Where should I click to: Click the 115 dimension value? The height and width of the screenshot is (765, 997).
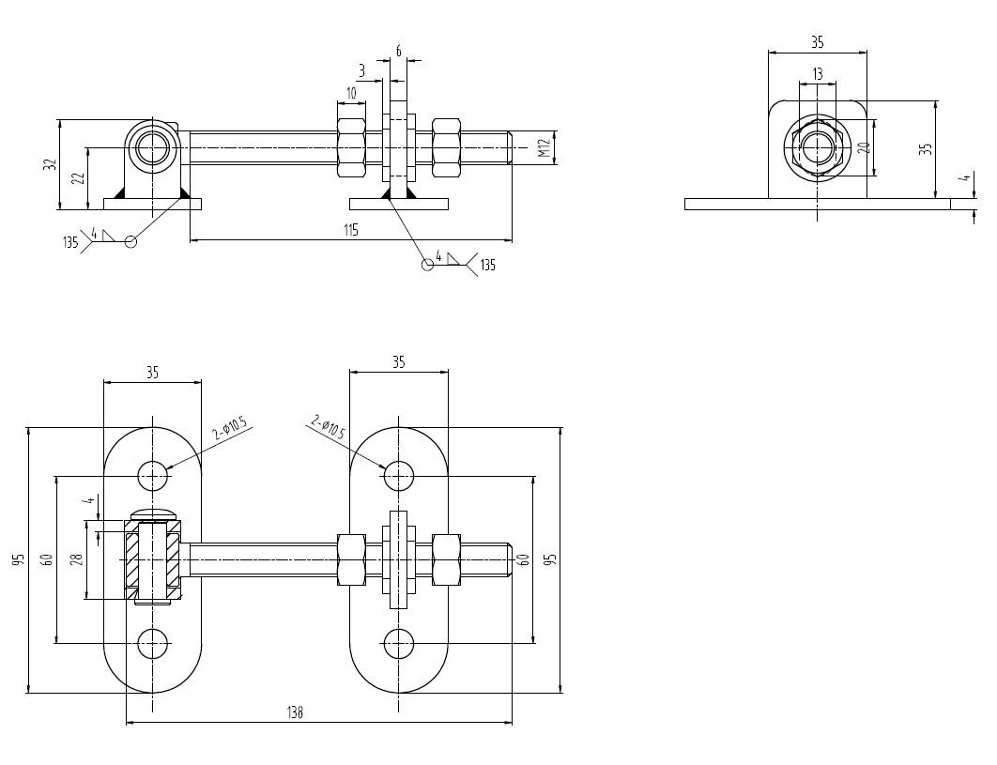(x=350, y=229)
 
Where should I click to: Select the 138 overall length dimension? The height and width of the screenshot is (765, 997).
(x=295, y=713)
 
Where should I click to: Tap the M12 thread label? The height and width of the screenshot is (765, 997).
(x=544, y=148)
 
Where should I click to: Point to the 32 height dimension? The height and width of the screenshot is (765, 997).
(x=50, y=164)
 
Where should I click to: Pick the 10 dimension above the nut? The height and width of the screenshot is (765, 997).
(x=351, y=93)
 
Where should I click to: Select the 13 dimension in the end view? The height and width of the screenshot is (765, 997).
(x=817, y=73)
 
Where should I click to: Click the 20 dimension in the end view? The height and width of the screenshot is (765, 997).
(x=865, y=146)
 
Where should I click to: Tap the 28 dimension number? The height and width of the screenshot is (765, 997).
(x=77, y=559)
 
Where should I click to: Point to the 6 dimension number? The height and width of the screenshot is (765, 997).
(x=399, y=52)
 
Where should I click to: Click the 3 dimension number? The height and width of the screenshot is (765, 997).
(x=361, y=70)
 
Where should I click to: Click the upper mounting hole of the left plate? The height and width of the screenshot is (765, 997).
(x=153, y=475)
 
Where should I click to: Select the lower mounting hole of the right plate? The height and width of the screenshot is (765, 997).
(x=399, y=644)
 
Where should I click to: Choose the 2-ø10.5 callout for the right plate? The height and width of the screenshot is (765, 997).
(x=328, y=429)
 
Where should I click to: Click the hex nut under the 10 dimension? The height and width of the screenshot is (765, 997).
(x=351, y=147)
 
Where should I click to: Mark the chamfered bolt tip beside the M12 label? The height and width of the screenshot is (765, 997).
(x=508, y=148)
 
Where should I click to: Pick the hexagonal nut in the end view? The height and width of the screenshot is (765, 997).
(x=817, y=147)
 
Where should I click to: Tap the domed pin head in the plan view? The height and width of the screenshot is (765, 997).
(x=153, y=513)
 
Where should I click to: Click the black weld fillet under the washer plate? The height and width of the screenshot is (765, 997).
(x=386, y=192)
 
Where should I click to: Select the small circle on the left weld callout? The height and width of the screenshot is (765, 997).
(x=130, y=241)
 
